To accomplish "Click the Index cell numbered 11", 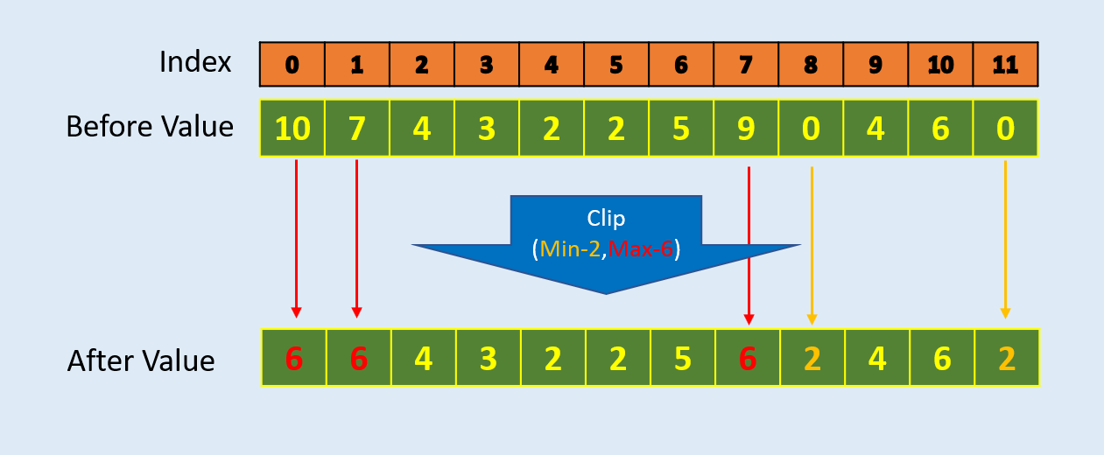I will pyautogui.click(x=1006, y=65).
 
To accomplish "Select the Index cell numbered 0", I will pyautogui.click(x=292, y=65).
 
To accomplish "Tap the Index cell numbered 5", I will pyautogui.click(x=616, y=65).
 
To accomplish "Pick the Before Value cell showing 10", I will pyautogui.click(x=292, y=129).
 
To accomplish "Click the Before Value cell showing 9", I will pyautogui.click(x=746, y=129).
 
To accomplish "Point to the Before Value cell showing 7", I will pyautogui.click(x=357, y=129).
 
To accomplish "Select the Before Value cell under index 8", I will pyautogui.click(x=811, y=129).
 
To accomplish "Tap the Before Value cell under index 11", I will pyautogui.click(x=1006, y=129).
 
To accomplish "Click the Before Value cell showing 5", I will pyautogui.click(x=681, y=129).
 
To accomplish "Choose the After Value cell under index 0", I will pyautogui.click(x=294, y=358).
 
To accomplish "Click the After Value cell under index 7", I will pyautogui.click(x=748, y=358).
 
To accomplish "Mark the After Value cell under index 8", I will pyautogui.click(x=812, y=358).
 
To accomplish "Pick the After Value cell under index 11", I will pyautogui.click(x=1007, y=358).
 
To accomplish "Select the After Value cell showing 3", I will pyautogui.click(x=489, y=358).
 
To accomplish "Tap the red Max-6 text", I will pyautogui.click(x=641, y=248).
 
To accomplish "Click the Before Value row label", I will pyautogui.click(x=150, y=127).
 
